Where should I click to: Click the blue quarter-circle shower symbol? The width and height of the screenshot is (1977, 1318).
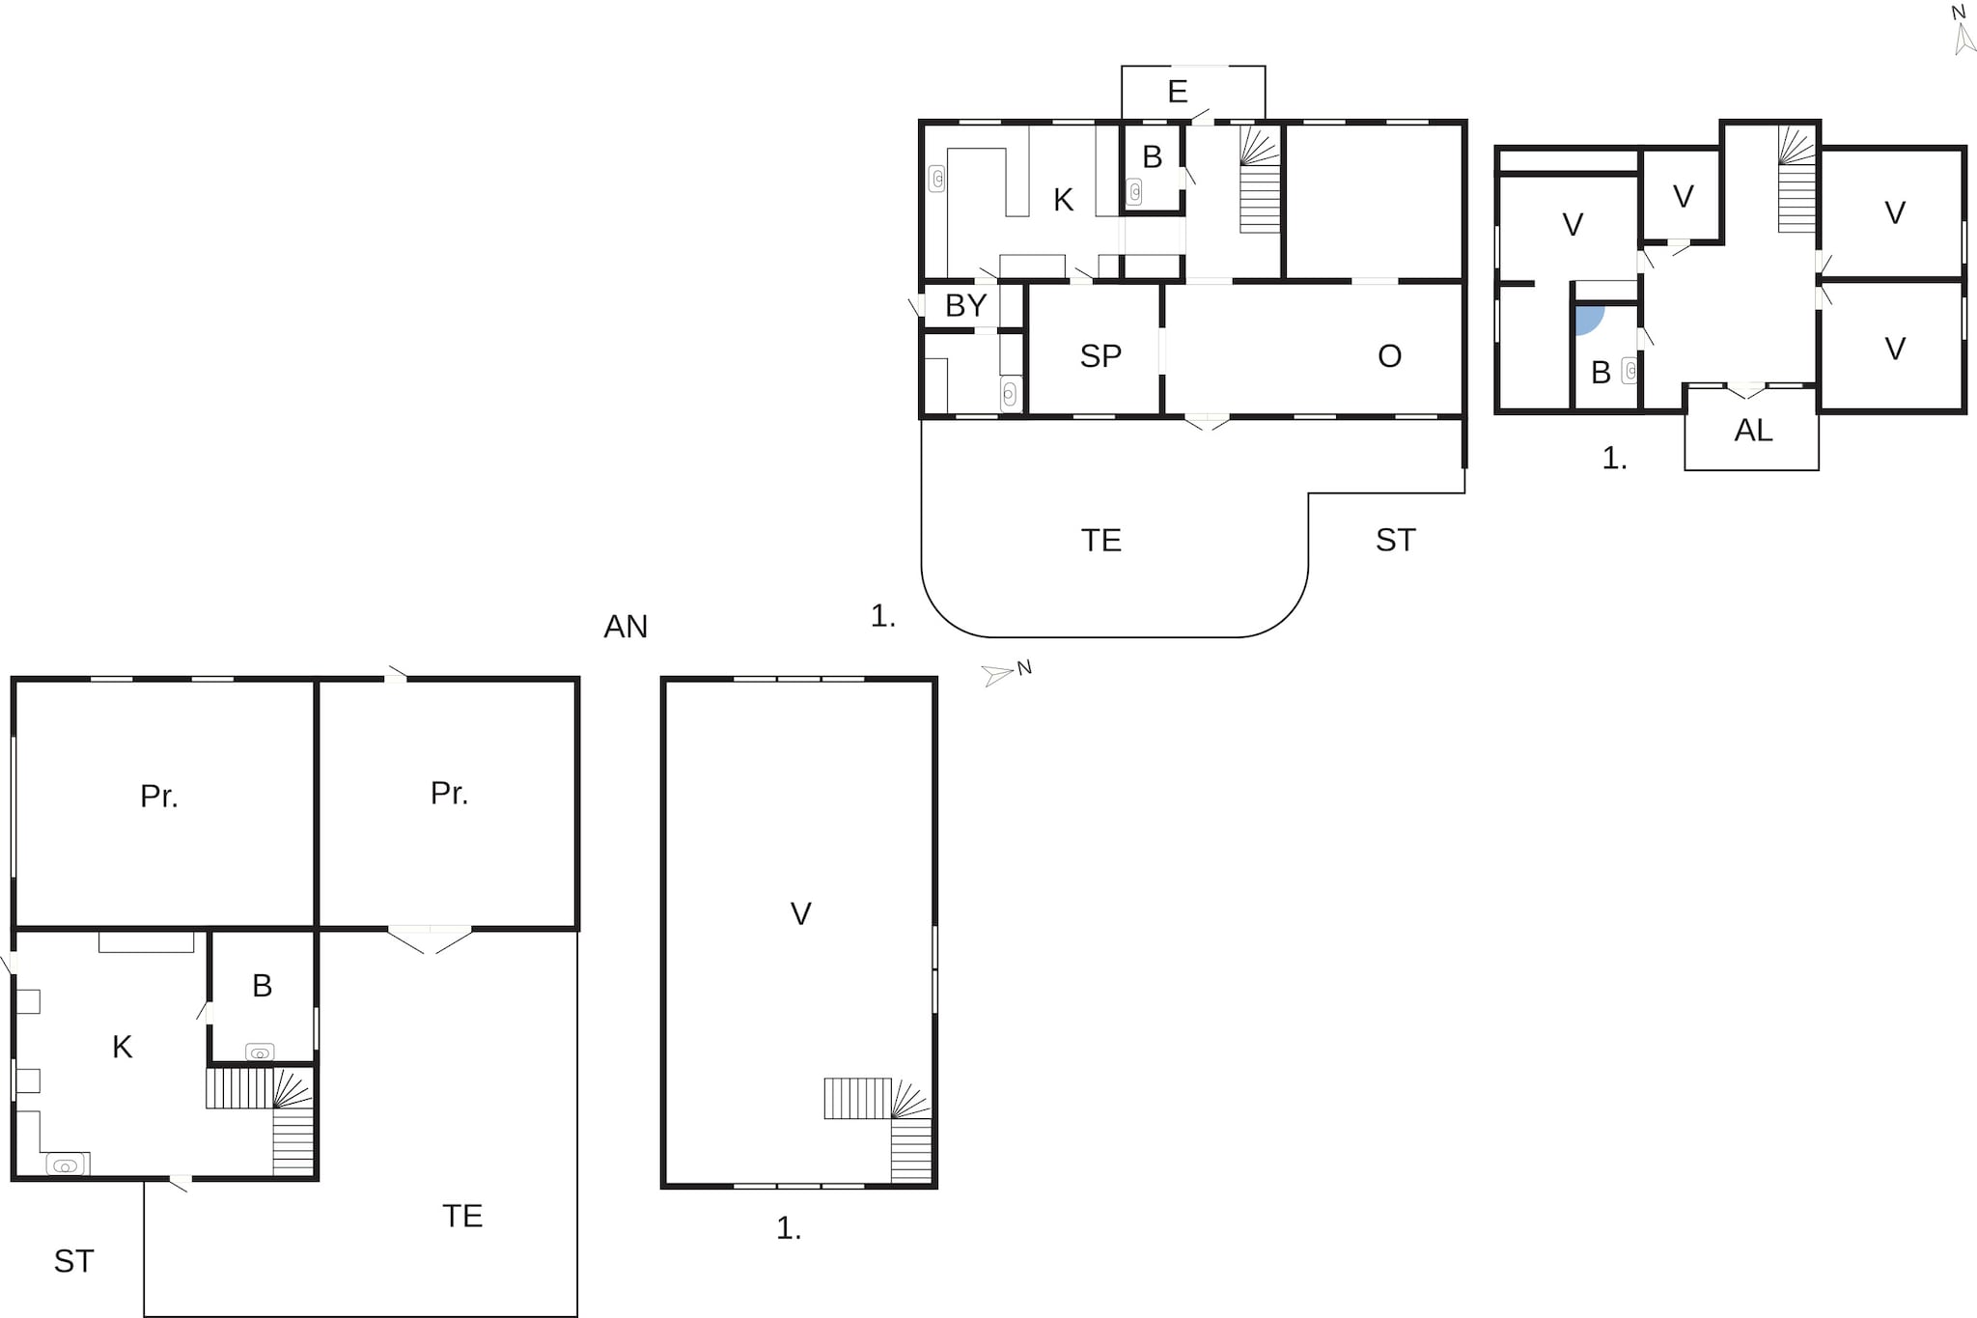click(x=1587, y=319)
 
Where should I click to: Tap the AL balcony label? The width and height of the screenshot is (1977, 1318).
click(x=1753, y=431)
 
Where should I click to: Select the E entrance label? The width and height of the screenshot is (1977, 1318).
click(x=1177, y=92)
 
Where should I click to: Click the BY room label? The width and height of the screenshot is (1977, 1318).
click(x=965, y=306)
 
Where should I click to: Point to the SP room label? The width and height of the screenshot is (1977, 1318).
click(x=1100, y=356)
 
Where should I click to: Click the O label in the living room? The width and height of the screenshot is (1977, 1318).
click(x=1389, y=356)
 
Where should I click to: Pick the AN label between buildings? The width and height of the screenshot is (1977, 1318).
click(x=626, y=627)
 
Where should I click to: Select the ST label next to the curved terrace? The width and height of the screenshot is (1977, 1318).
click(x=1395, y=541)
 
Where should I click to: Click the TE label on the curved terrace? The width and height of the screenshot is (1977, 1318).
click(x=1100, y=541)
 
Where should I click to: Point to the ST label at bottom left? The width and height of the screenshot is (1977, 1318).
click(x=73, y=1261)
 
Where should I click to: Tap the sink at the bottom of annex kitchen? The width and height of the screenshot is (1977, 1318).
click(x=66, y=1165)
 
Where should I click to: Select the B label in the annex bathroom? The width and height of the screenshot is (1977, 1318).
click(x=262, y=986)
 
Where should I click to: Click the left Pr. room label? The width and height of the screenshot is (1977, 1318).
click(x=158, y=797)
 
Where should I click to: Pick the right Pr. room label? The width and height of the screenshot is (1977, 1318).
click(x=449, y=794)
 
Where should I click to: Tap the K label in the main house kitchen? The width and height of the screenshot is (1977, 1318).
click(x=1063, y=200)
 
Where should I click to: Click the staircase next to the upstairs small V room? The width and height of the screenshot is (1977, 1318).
click(x=1796, y=183)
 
